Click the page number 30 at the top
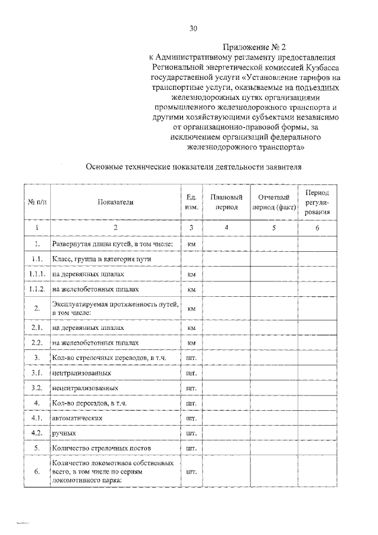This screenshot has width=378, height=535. point(193,28)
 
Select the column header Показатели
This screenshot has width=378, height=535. point(116,202)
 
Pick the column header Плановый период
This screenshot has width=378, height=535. point(226,202)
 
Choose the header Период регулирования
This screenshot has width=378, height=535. point(317,202)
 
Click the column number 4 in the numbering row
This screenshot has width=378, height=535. point(226,228)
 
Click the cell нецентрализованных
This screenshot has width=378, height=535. point(85,388)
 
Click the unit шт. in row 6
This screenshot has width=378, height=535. point(191,472)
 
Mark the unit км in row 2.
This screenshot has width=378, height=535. point(191,309)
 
